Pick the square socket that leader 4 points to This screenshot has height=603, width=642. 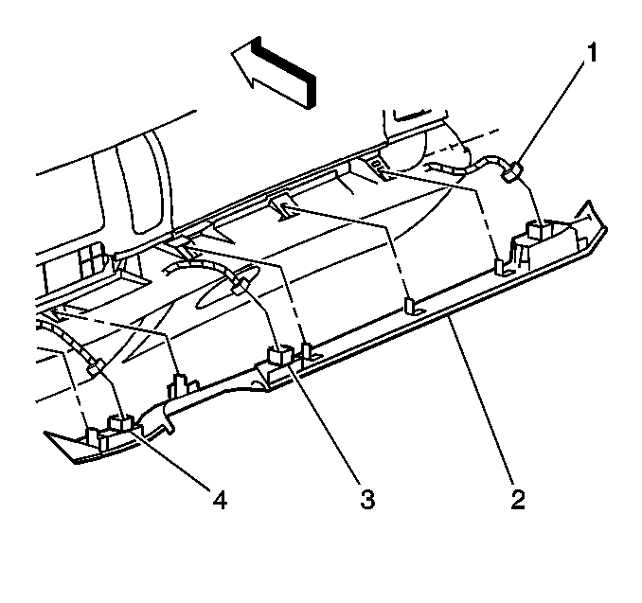click(121, 423)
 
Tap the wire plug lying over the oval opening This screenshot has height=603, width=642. click(241, 285)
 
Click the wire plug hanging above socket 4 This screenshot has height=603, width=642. click(96, 366)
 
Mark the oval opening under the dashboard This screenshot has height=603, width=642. click(227, 288)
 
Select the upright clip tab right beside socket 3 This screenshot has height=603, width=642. click(308, 351)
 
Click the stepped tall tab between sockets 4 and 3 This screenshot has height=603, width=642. click(181, 385)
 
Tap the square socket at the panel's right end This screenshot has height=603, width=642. click(536, 230)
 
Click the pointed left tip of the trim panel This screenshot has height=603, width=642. click(45, 433)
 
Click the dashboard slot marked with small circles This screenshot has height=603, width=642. click(378, 166)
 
